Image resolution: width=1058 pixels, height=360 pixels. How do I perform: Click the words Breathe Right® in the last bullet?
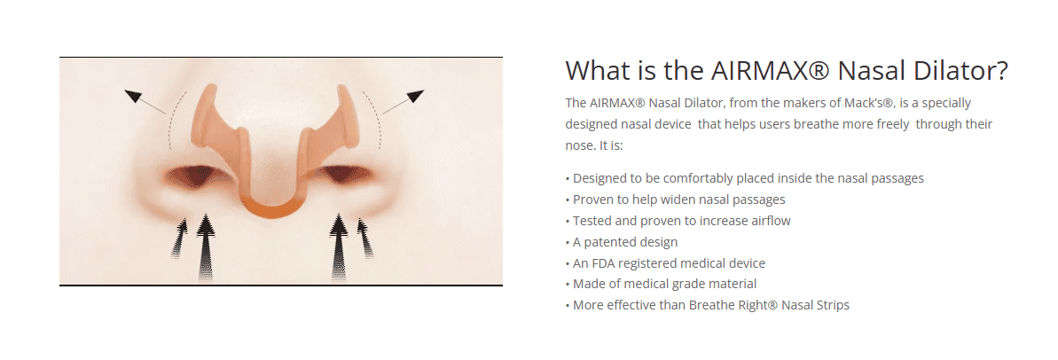tap(733, 305)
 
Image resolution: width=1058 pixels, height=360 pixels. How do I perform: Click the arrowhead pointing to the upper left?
tap(134, 97)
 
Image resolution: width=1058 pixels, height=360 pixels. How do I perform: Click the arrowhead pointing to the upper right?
tap(414, 96)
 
